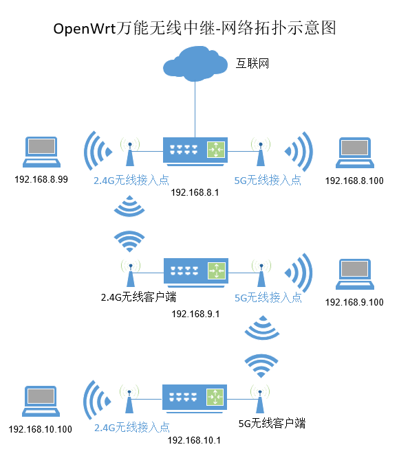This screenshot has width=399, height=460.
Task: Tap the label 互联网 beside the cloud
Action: [252, 63]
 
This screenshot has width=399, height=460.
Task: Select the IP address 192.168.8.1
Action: [195, 192]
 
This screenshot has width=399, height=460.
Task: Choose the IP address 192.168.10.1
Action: [195, 440]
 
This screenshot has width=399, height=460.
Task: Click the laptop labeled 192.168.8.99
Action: [41, 152]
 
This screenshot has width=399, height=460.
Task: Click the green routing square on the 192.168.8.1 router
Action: [217, 149]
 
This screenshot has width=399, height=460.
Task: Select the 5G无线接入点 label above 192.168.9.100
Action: [268, 298]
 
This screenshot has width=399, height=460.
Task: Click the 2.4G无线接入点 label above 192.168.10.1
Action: [131, 427]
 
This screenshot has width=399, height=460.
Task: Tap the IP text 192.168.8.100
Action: [354, 181]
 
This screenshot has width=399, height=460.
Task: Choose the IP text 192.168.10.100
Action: [41, 430]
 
